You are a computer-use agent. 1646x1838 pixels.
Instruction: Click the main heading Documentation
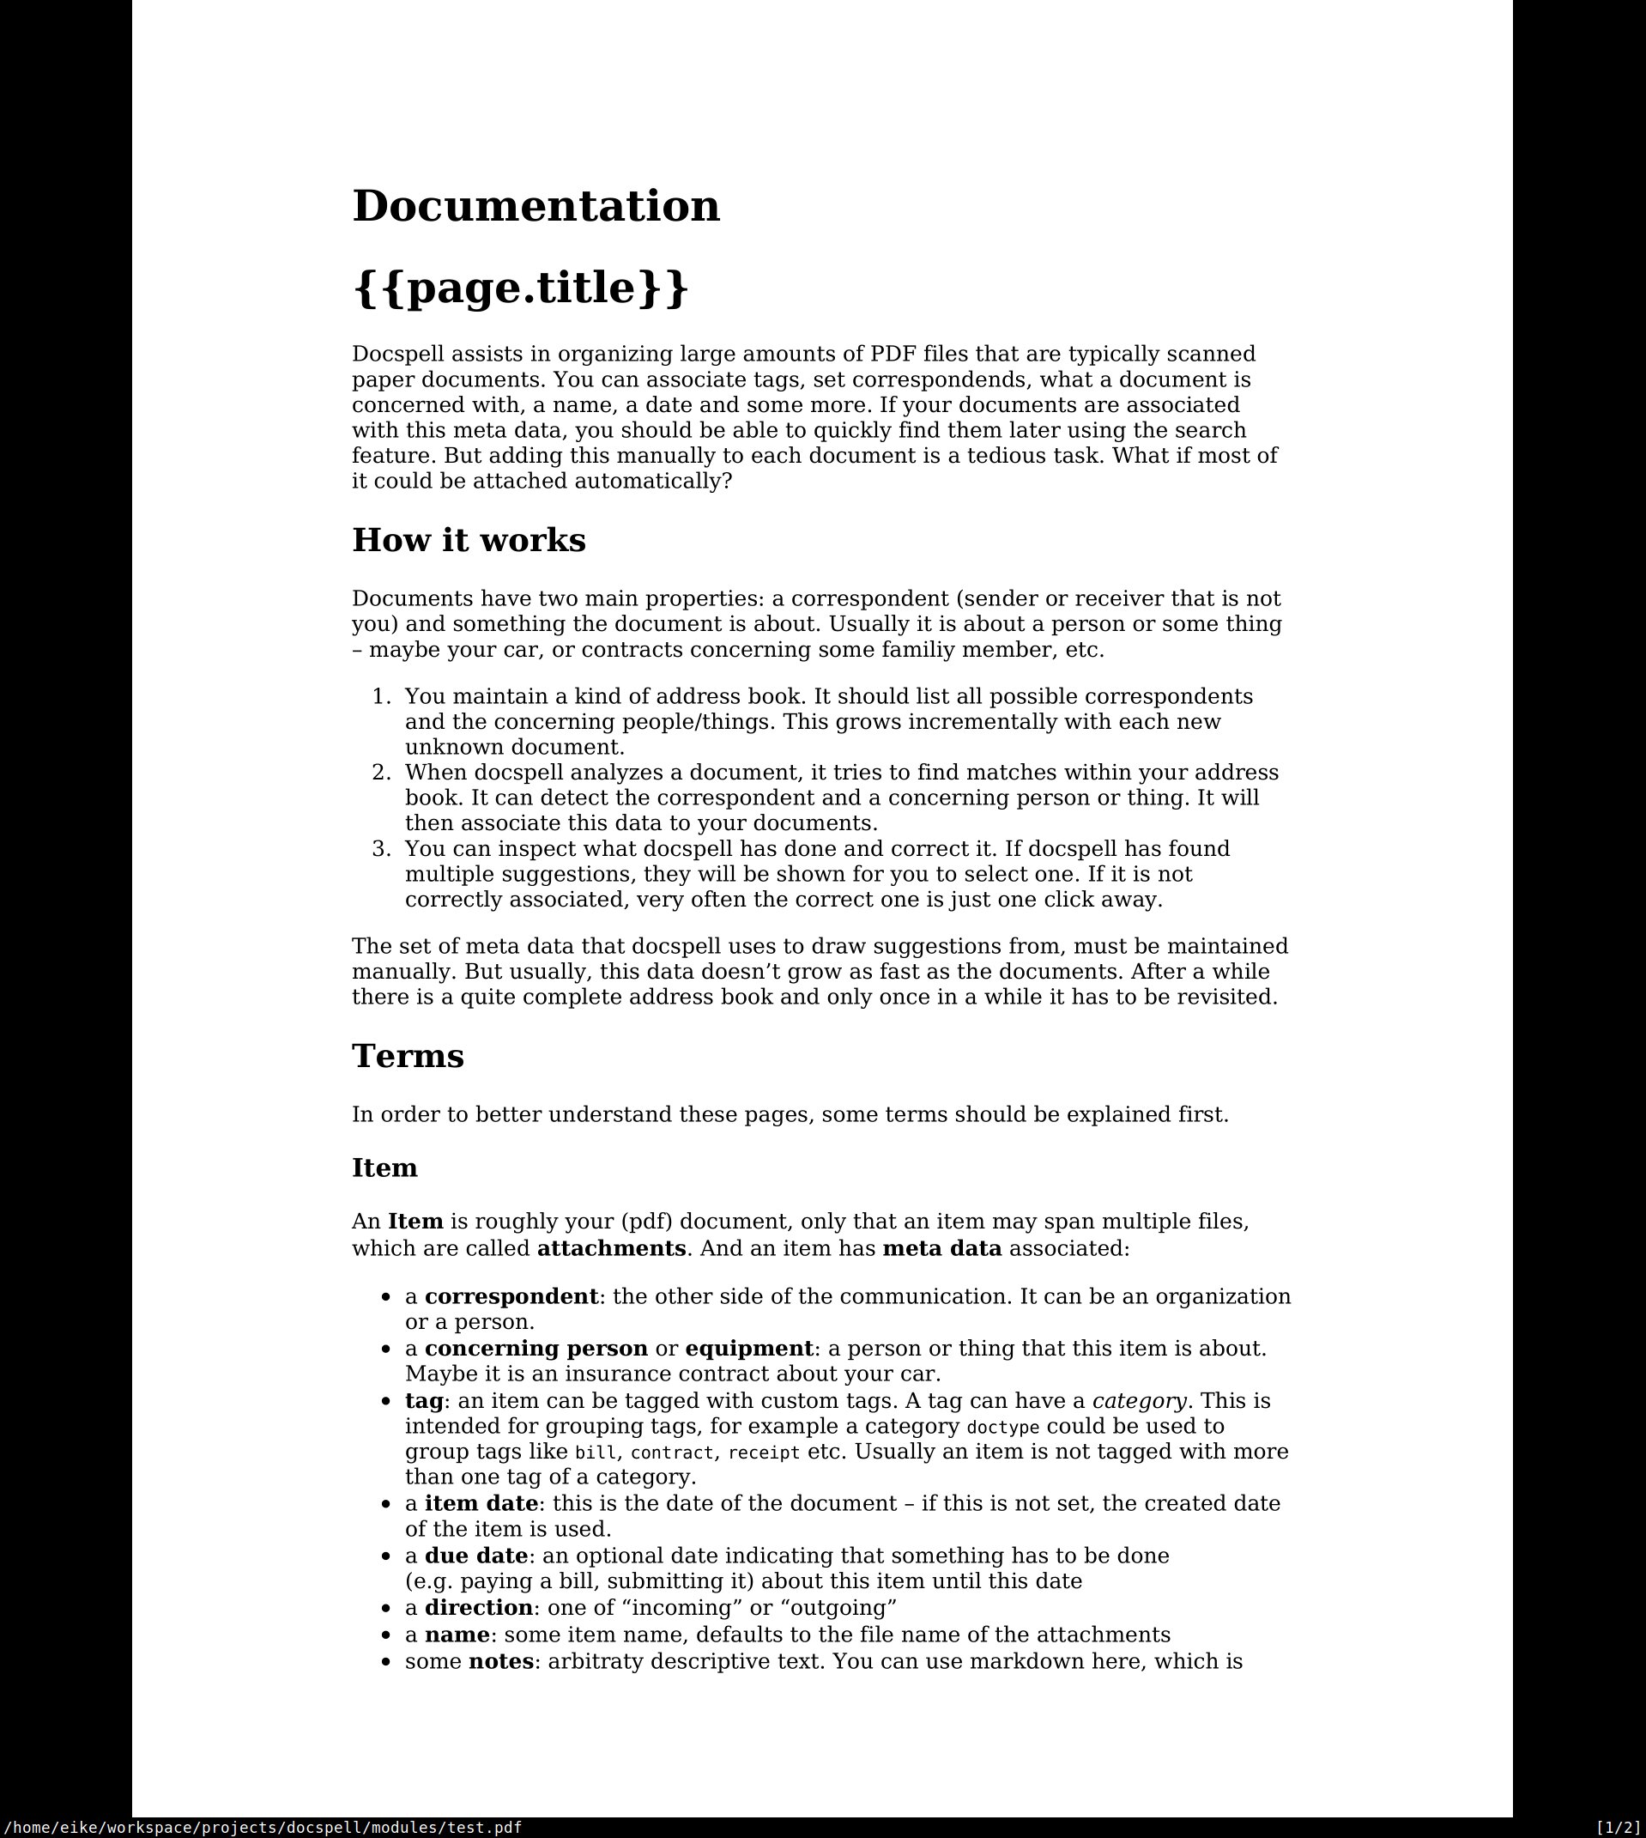click(536, 206)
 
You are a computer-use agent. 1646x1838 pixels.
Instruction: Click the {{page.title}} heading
click(520, 288)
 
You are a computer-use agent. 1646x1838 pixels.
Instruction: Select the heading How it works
click(469, 540)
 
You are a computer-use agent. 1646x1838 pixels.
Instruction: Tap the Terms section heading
click(408, 1057)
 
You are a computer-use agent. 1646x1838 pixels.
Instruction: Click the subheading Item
click(384, 1168)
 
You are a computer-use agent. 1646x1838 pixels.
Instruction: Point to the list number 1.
click(381, 696)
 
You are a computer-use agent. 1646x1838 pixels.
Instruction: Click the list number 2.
click(381, 773)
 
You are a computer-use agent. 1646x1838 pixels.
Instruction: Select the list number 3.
click(381, 848)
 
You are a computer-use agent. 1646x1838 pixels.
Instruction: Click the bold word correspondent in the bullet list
click(511, 1296)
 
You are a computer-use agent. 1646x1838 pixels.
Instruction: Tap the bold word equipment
click(749, 1349)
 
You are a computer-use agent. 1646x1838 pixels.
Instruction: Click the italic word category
click(1139, 1401)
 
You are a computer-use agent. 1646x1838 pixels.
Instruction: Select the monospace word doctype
click(1003, 1428)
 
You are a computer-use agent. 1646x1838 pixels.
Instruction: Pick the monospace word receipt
click(763, 1453)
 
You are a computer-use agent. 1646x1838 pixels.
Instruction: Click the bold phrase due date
click(475, 1556)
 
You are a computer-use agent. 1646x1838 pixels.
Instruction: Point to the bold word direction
click(478, 1607)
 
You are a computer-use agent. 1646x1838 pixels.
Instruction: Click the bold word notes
click(500, 1662)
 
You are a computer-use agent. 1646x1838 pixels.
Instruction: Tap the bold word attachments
click(610, 1248)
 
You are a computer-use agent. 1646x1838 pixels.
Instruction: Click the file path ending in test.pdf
click(262, 1827)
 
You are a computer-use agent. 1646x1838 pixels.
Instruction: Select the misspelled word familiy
click(905, 651)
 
